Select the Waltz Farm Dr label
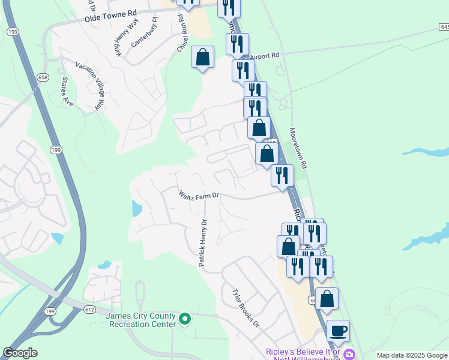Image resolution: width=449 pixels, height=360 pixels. (x=199, y=194)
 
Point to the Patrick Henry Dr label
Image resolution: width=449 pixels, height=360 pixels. (x=203, y=242)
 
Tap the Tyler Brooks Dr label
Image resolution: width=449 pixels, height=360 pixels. (x=246, y=307)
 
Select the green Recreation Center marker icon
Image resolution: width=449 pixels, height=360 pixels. (x=185, y=319)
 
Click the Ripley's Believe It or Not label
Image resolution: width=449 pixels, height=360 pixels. (x=303, y=354)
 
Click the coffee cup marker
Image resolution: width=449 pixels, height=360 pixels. (x=338, y=331)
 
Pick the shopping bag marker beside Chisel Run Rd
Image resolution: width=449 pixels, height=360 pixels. (x=203, y=58)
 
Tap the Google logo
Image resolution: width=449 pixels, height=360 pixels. (x=20, y=353)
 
